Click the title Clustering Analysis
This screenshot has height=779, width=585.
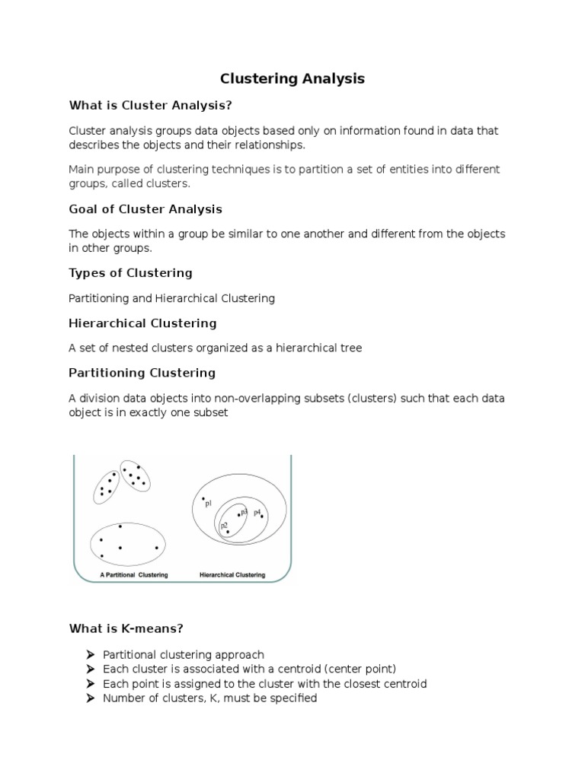pyautogui.click(x=292, y=78)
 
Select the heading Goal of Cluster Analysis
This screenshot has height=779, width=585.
pyautogui.click(x=145, y=208)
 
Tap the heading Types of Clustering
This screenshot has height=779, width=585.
pyautogui.click(x=130, y=272)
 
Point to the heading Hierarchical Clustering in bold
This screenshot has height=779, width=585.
pyautogui.click(x=142, y=323)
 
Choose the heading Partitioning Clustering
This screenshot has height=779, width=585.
pyautogui.click(x=142, y=373)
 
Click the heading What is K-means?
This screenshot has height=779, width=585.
pyautogui.click(x=126, y=628)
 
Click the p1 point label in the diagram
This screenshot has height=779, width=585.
pyautogui.click(x=208, y=503)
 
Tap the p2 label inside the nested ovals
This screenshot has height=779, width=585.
pyautogui.click(x=223, y=526)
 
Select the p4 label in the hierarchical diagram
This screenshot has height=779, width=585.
pyautogui.click(x=257, y=512)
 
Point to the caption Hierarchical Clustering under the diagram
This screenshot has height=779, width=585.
pyautogui.click(x=232, y=574)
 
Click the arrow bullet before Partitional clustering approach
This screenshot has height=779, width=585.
pyautogui.click(x=90, y=655)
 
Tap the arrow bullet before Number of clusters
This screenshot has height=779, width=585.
pyautogui.click(x=90, y=698)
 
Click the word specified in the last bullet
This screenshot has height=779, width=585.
pyautogui.click(x=292, y=698)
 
